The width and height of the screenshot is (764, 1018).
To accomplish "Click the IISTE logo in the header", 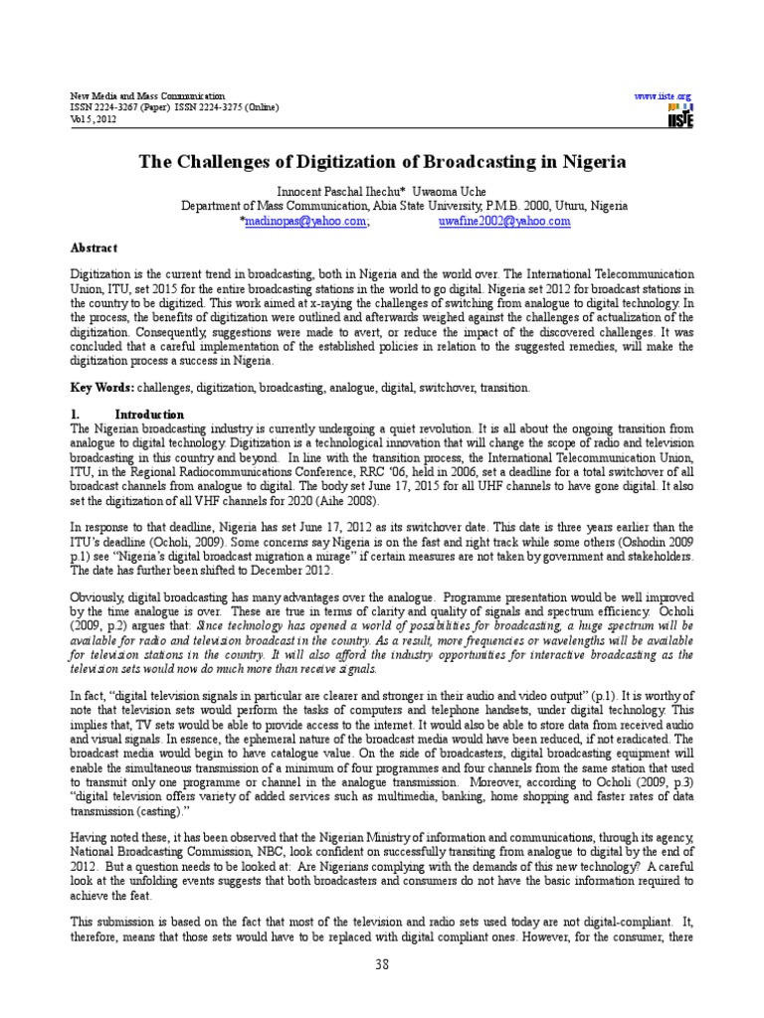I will pos(680,115).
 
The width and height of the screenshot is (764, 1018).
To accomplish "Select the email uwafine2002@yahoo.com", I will pos(504,222).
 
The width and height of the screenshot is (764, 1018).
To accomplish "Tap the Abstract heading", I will pos(95,248).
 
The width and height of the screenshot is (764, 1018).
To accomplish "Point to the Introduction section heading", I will pos(148,414).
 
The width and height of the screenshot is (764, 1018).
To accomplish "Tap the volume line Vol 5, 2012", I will pos(94,118).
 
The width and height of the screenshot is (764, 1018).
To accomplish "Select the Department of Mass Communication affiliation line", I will pos(403,206).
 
